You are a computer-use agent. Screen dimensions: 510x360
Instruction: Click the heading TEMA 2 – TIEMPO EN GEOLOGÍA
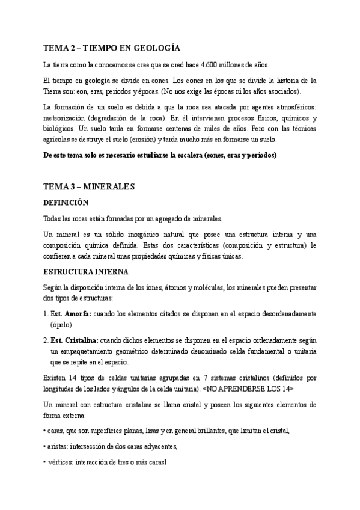[x=112, y=48]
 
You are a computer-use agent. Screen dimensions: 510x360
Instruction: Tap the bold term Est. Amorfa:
[x=71, y=314]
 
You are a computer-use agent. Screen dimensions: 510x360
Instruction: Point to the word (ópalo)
[x=62, y=324]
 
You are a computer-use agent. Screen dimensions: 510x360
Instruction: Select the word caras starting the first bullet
[x=56, y=430]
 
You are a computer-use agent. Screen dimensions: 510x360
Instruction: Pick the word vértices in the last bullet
[x=60, y=464]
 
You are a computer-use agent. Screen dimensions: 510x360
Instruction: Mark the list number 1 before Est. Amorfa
[x=46, y=314]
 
